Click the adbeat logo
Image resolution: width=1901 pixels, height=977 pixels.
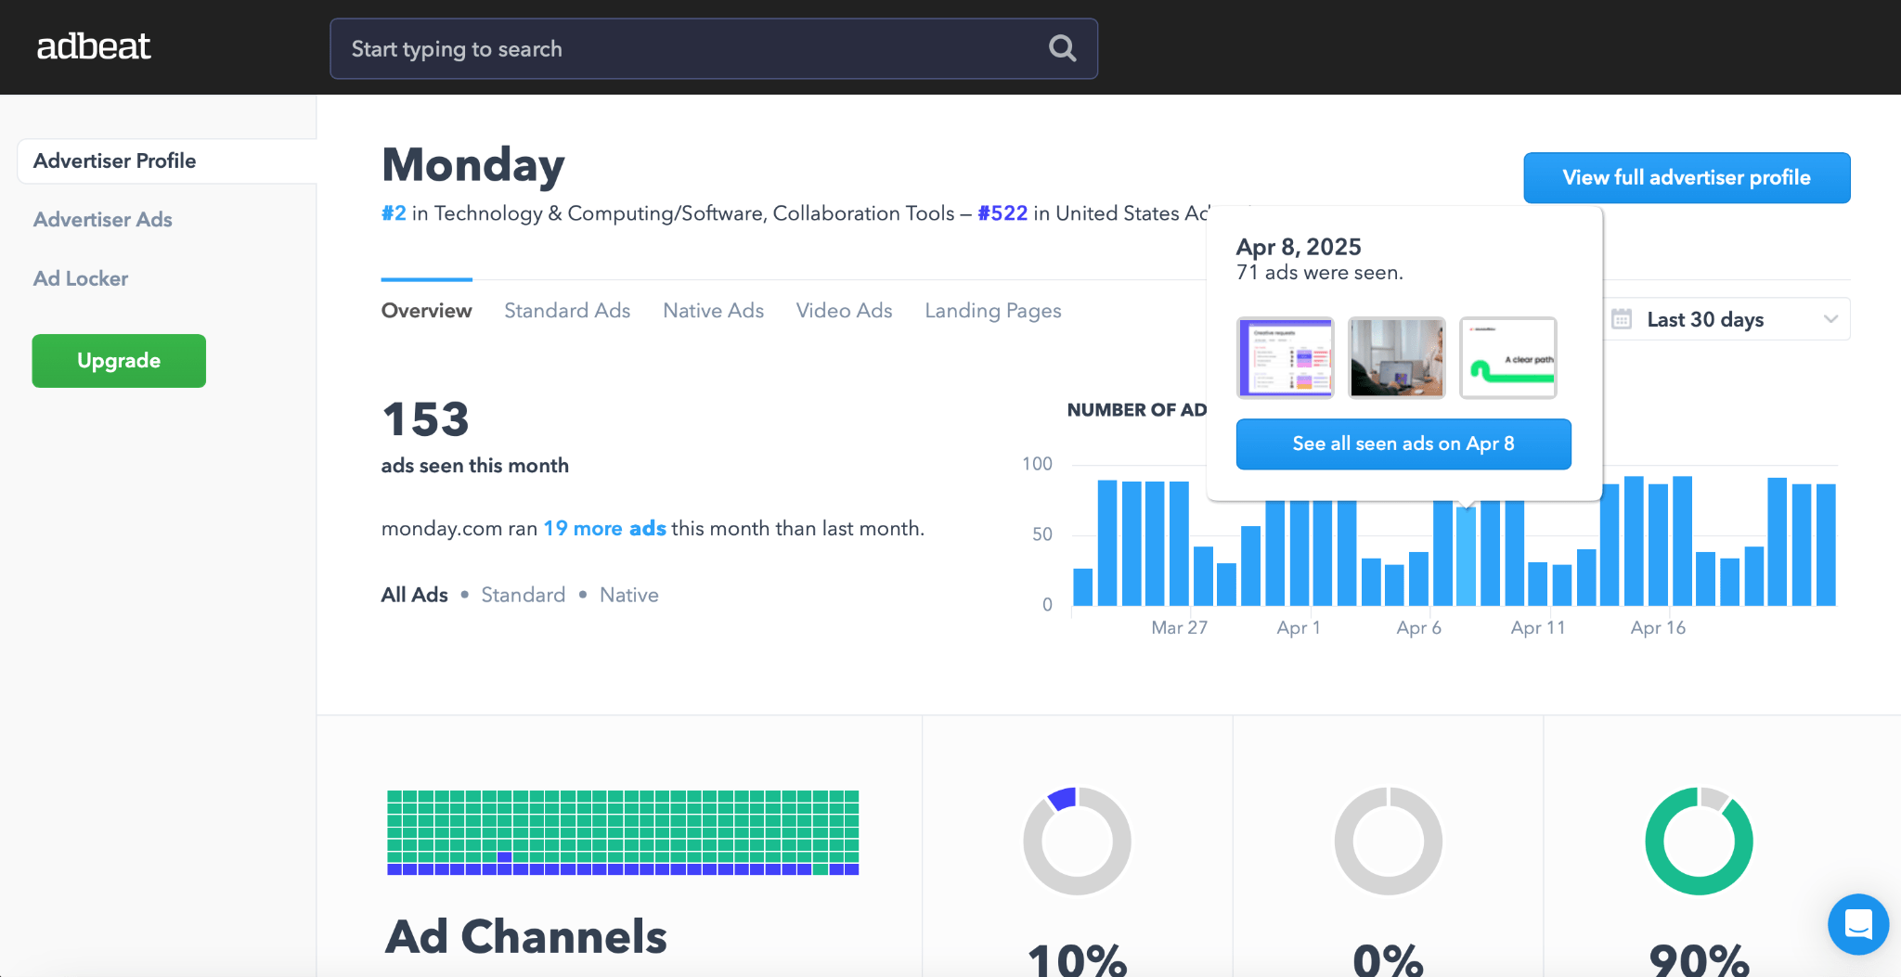click(x=94, y=46)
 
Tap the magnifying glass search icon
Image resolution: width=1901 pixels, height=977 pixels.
click(x=1062, y=48)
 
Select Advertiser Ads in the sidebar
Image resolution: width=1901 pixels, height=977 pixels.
click(x=103, y=220)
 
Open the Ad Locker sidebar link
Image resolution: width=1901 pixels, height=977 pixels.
click(x=81, y=278)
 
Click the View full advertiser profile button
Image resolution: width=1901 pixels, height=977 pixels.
click(x=1686, y=177)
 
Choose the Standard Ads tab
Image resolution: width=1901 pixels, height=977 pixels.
click(x=567, y=311)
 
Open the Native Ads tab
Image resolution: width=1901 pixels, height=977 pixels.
click(x=713, y=311)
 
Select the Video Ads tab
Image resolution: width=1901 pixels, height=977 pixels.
click(x=844, y=311)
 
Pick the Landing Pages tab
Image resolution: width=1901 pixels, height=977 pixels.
click(x=992, y=311)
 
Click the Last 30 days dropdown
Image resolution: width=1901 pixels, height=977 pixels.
click(x=1726, y=319)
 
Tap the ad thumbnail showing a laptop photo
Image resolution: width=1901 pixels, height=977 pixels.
click(x=1396, y=357)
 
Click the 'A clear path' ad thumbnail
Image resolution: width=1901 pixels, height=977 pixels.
click(x=1507, y=357)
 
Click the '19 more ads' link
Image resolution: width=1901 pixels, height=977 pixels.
click(x=604, y=529)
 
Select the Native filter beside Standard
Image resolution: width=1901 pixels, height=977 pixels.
click(x=628, y=595)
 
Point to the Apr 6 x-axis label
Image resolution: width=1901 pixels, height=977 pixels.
click(x=1418, y=628)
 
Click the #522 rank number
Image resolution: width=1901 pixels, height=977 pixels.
click(x=1002, y=213)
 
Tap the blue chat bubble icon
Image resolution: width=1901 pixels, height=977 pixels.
click(x=1857, y=924)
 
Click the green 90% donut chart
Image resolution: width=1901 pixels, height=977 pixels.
click(x=1699, y=841)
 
